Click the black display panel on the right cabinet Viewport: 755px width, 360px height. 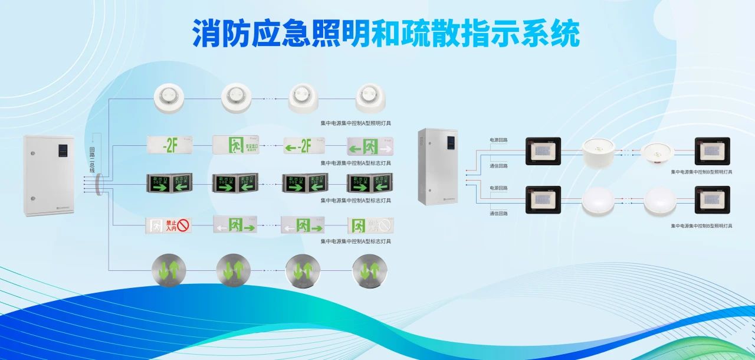(x=451, y=143)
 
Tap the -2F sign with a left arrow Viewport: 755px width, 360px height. (x=305, y=145)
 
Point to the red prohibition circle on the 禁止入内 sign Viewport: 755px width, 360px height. (x=185, y=225)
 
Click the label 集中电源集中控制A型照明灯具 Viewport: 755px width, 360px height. (x=356, y=123)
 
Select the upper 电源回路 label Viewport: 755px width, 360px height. (x=498, y=140)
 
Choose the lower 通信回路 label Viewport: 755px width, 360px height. (x=498, y=212)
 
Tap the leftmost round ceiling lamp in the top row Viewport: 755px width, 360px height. (x=170, y=97)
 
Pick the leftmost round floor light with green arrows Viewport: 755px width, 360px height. (x=169, y=270)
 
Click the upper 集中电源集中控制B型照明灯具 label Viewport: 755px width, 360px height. (x=701, y=172)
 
